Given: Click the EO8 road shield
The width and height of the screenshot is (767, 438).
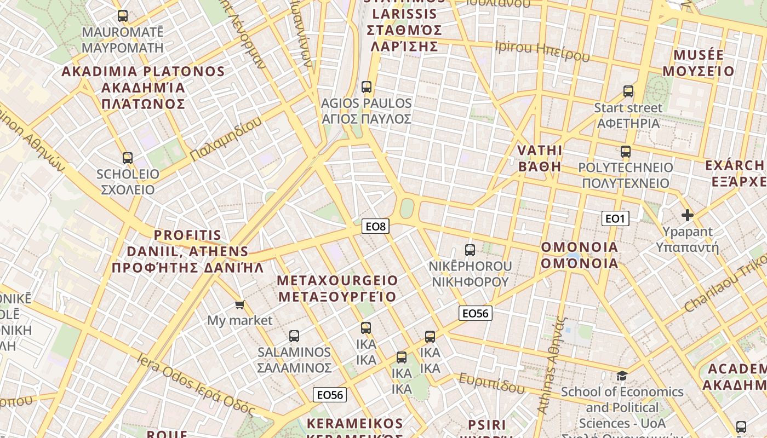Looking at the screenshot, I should pos(375,226).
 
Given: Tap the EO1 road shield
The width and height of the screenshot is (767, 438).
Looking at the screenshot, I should pos(615,218).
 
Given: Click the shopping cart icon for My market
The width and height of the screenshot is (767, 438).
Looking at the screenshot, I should pos(239,304).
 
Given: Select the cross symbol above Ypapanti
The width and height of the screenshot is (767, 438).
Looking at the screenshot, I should pos(687,215).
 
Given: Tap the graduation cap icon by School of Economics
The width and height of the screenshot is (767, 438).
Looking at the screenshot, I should pos(622,376).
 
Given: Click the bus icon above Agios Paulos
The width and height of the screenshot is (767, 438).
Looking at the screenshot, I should pos(367,87).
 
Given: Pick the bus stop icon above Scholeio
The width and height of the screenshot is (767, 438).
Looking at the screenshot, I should pos(128,158).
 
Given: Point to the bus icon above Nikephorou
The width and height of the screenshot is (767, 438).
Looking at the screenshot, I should pos(470,250).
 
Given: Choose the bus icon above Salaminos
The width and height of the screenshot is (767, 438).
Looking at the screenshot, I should pos(294,336).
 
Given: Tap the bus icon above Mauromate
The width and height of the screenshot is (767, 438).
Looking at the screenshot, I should pos(123,16).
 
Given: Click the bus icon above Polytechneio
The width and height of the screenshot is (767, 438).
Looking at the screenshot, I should pos(626,152).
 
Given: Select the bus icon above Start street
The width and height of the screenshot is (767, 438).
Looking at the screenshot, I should pos(628,91).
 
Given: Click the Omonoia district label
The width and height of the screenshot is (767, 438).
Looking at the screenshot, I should pos(580,255).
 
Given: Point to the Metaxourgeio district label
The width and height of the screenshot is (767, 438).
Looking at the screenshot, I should pos(337,289).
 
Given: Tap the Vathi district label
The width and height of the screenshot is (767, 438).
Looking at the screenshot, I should pos(540,158).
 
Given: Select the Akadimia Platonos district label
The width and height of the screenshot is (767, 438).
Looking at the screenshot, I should pos(144,88).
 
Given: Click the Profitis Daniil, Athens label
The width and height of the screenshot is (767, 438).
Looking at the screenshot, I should pos(188,252).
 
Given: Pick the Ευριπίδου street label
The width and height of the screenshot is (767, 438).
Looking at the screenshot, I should pos(491,383).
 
